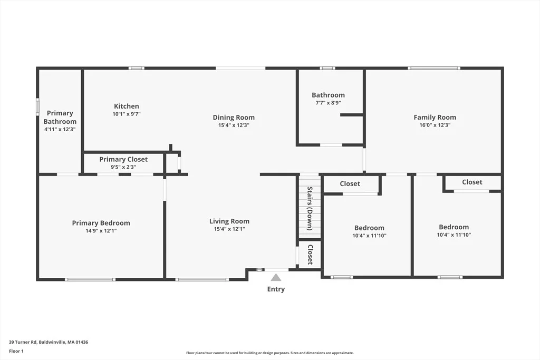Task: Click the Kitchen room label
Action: coord(127,106)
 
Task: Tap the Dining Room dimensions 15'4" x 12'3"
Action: coord(234,125)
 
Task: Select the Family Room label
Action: coord(435,118)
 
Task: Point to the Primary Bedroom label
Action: coord(101,223)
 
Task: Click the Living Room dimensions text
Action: coord(229,229)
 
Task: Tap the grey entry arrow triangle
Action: coord(276,277)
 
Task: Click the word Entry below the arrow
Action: coord(276,289)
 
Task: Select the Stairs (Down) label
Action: coord(310,209)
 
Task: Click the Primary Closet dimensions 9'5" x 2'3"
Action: coord(123,167)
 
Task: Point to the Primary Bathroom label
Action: coord(60,118)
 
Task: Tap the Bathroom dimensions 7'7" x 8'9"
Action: coord(328,103)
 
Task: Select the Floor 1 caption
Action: coord(16,351)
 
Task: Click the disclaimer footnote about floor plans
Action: coord(270,353)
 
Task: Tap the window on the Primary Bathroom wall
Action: coord(38,105)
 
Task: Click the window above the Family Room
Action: coord(434,68)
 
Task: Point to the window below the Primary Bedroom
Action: coord(90,279)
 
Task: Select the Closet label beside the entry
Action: coord(310,255)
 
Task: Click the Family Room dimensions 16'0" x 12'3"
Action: coord(435,125)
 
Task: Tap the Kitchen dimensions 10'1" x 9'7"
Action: coord(127,114)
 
